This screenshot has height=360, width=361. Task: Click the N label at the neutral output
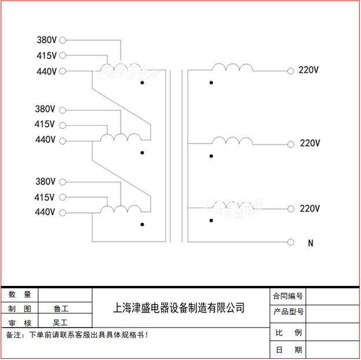(311, 244)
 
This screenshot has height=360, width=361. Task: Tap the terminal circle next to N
(291, 241)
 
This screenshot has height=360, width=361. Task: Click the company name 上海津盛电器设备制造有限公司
(178, 308)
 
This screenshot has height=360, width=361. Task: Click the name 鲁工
(60, 308)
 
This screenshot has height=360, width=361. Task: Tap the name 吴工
(60, 322)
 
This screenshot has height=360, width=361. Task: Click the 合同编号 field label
(288, 296)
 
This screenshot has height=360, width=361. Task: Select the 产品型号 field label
(288, 312)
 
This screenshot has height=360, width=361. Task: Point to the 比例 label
(288, 333)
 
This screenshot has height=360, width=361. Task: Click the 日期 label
(288, 350)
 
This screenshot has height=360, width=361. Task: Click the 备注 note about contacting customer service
(77, 335)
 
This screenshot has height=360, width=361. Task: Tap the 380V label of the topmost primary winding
(46, 40)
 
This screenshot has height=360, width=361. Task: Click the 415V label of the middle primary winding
(45, 124)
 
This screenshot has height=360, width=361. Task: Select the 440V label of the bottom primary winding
(45, 212)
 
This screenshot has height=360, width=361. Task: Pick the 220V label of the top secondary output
(309, 71)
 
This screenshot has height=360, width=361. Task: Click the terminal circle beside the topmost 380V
(63, 40)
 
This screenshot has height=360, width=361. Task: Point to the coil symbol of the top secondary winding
(232, 68)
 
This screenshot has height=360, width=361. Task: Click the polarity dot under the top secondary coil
(211, 83)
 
